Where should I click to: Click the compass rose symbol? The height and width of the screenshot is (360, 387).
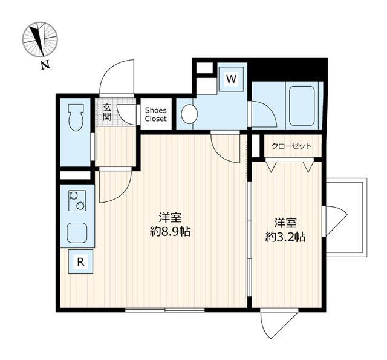40,39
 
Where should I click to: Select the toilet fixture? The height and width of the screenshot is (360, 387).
77,117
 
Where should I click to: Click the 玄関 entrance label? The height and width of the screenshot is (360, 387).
107,112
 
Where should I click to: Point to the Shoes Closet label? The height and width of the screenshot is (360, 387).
156,114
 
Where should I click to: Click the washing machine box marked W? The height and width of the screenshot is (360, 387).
231,79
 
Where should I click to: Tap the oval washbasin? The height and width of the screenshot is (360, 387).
189,114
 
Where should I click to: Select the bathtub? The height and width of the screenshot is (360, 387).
302,106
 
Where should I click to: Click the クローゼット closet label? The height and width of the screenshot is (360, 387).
291,146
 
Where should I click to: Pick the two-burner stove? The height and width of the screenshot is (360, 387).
77,200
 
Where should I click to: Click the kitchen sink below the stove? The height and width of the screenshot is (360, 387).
77,233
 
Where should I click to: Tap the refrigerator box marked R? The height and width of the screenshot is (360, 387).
80,261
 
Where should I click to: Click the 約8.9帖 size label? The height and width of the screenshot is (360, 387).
170,232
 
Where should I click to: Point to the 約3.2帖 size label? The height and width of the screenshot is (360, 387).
285,237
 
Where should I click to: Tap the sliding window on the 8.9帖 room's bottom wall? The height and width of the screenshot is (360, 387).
165,310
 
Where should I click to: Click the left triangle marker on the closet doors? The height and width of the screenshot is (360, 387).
272,167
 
